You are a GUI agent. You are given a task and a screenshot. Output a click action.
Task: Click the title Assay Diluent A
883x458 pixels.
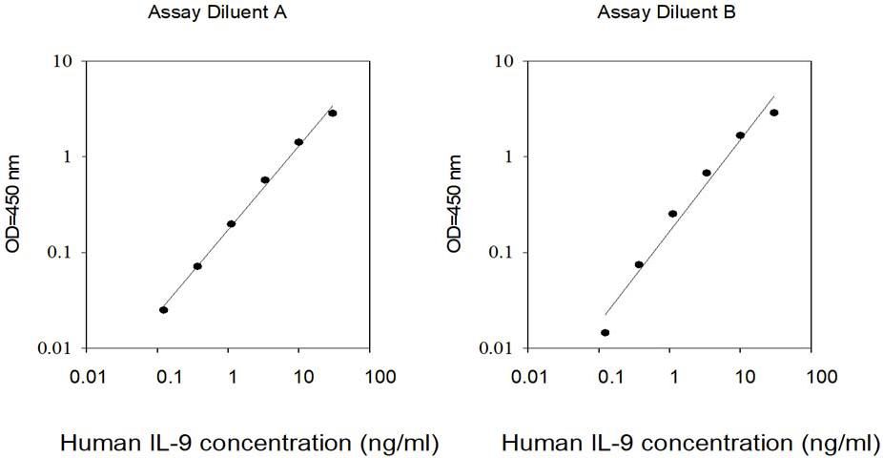[217, 12]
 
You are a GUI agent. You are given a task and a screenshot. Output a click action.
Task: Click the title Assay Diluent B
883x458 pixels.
[667, 12]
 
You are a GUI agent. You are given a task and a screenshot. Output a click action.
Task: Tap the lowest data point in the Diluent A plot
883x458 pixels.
[163, 310]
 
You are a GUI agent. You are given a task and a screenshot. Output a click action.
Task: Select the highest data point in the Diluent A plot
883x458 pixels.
[332, 114]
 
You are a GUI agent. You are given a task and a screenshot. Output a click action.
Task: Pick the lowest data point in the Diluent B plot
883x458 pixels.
[605, 332]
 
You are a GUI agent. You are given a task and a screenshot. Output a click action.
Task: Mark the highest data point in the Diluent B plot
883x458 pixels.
[773, 113]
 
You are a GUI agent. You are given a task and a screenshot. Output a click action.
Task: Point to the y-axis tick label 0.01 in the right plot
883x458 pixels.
[496, 348]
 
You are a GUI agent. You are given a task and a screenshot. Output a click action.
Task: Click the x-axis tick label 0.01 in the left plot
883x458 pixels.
[88, 376]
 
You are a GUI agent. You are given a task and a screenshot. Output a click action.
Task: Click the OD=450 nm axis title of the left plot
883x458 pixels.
[13, 203]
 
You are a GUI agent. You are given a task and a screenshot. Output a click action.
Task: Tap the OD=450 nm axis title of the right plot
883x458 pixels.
[454, 203]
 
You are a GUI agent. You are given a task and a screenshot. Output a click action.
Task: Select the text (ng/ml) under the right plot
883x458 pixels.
[841, 444]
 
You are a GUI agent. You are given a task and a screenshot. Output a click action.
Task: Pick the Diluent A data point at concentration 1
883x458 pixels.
[231, 223]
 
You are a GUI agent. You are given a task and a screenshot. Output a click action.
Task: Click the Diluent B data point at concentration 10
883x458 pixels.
[740, 135]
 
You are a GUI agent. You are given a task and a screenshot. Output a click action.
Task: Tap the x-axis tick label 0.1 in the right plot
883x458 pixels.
[611, 376]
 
